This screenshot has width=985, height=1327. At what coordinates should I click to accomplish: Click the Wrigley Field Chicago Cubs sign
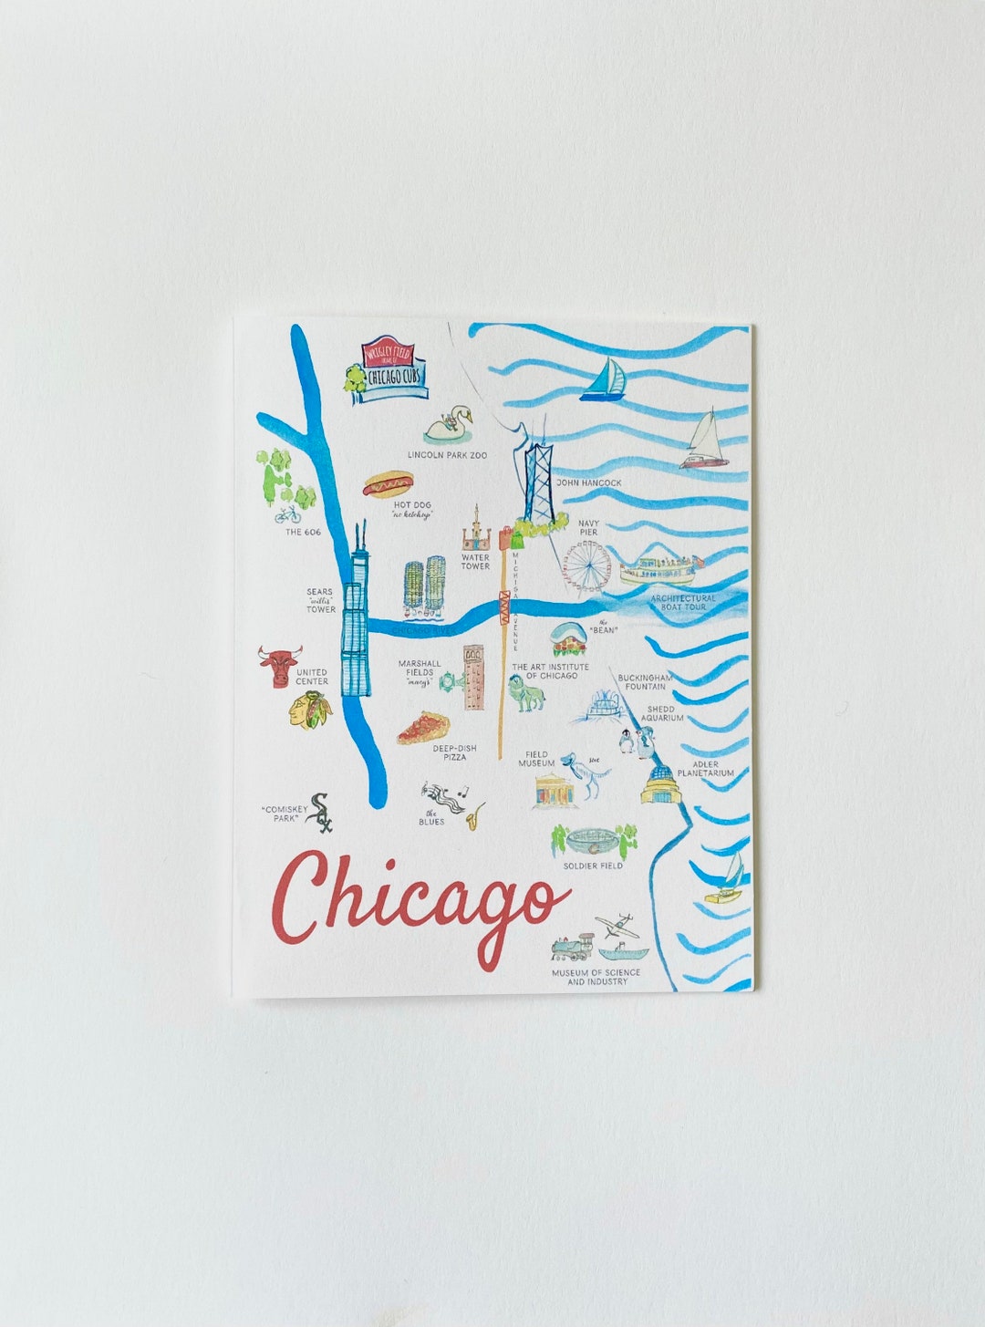pos(389,368)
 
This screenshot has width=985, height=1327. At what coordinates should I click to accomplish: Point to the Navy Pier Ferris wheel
pos(585,566)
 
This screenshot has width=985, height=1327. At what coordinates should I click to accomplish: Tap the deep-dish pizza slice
pos(423,729)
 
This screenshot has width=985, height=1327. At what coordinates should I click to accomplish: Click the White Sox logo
pos(319,812)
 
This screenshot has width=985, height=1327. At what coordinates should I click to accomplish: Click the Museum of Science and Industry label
pos(596,977)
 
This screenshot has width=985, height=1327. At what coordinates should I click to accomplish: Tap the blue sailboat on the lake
pos(603,380)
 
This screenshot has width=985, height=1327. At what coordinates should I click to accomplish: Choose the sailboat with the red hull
pos(705,441)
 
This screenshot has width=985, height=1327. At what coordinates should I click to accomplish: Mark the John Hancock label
pos(588,482)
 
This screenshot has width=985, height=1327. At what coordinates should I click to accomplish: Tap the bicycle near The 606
pos(287,515)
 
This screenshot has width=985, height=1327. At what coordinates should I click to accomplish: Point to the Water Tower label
pos(475,562)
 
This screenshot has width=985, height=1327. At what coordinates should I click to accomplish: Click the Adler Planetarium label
pos(705,769)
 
